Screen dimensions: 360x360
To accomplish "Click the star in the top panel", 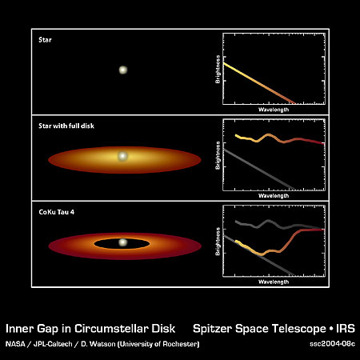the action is (123, 70).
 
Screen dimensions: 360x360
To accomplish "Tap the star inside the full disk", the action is (122, 156).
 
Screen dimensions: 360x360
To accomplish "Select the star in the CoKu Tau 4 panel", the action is (122, 242).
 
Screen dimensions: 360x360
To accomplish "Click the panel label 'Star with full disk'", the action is (66, 126).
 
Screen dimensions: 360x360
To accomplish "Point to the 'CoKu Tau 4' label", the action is (57, 212).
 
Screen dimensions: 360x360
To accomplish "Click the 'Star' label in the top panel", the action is (45, 40).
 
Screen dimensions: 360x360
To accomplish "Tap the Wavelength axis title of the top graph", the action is (274, 110).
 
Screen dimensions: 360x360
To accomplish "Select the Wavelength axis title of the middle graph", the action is (274, 196).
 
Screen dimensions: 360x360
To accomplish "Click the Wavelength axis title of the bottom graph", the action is (274, 282).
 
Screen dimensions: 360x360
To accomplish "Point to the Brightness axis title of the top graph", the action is (218, 70).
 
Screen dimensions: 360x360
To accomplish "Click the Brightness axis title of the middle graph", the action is (218, 155).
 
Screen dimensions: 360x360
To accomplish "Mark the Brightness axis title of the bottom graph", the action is (218, 242).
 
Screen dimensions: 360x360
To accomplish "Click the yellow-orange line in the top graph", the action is (259, 83).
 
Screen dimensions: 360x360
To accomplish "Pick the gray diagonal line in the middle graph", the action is (259, 170).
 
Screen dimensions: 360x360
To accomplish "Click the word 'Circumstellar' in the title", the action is (110, 329).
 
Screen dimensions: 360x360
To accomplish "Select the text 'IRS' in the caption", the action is (346, 329).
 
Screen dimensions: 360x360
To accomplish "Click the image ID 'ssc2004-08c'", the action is (332, 344).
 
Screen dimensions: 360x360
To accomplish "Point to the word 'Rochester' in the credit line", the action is (181, 344).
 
